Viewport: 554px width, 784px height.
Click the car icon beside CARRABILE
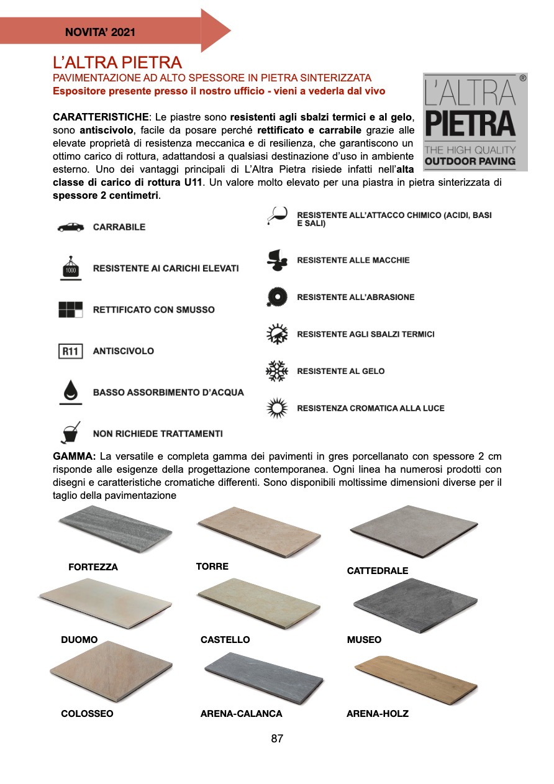coord(70,227)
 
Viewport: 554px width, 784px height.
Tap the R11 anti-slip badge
coord(70,352)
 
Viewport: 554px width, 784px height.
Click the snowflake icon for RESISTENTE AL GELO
coord(276,371)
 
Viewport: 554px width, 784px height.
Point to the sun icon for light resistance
coord(276,408)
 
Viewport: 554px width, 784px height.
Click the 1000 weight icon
coord(70,268)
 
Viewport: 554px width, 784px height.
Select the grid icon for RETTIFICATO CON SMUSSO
coord(70,309)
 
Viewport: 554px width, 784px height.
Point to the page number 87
coord(277,739)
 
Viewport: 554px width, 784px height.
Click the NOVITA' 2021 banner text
coord(100,32)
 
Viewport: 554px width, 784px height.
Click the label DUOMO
coord(79,640)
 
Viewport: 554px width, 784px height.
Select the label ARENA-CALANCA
coord(241,714)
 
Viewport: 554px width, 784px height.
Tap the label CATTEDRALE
coord(377,570)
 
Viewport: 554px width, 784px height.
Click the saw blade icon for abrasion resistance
coord(276,297)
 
